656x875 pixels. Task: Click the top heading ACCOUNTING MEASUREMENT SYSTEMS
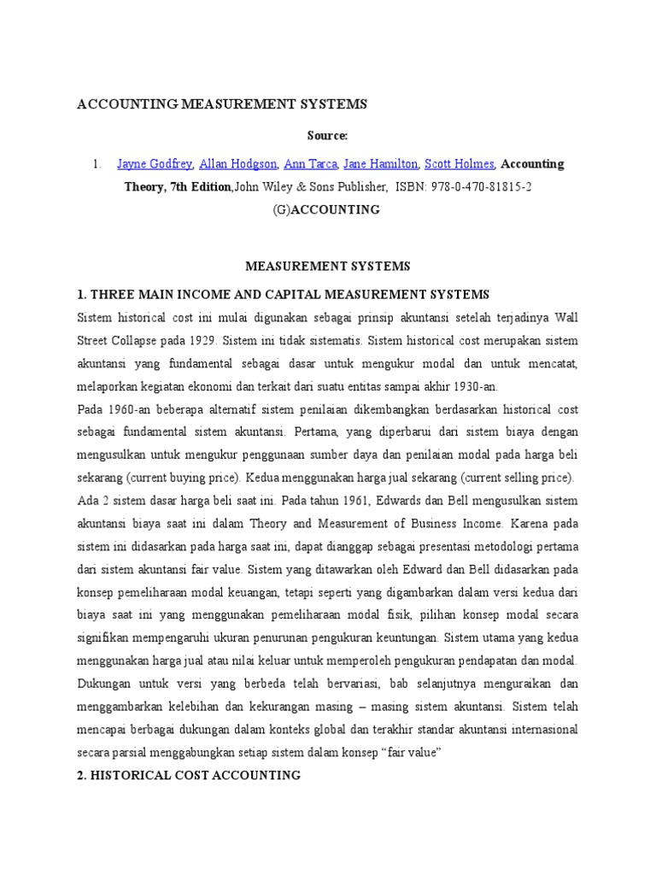222,104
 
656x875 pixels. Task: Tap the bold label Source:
328,136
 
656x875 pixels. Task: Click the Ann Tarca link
310,164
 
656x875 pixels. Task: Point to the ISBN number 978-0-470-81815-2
484,186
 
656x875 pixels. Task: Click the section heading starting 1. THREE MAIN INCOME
283,295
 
